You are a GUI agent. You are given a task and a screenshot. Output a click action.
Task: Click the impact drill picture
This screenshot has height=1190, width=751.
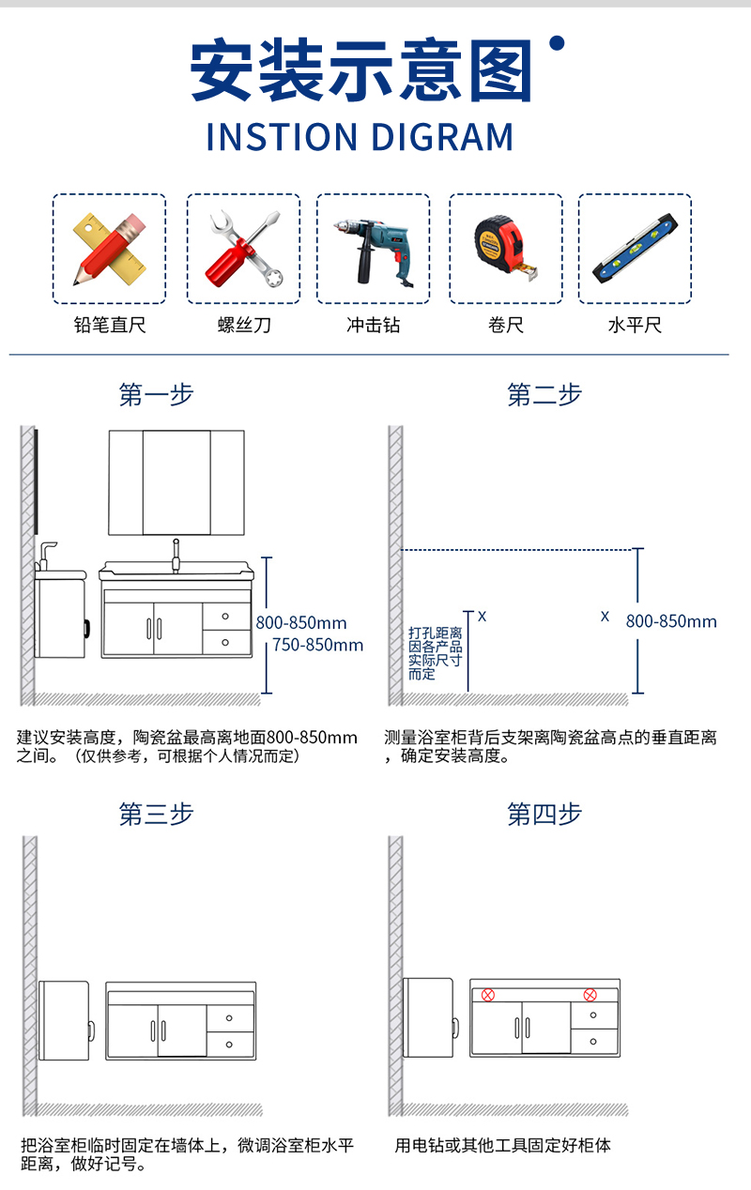373,252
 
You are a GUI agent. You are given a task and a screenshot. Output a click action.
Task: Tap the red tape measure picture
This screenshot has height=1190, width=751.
505,248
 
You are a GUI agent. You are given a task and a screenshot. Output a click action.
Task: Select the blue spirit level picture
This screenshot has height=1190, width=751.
636,248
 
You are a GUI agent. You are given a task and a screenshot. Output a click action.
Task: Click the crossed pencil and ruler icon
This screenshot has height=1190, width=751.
110,249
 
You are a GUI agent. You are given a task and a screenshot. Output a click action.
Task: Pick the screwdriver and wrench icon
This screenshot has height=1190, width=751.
244,249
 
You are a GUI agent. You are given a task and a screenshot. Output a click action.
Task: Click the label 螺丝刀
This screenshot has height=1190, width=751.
244,325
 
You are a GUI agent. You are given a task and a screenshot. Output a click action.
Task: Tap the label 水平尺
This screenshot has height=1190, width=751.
636,325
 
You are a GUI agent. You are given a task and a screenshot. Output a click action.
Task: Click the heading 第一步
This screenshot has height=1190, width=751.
156,395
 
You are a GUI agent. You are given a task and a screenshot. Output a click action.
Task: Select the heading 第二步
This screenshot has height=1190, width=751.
544,395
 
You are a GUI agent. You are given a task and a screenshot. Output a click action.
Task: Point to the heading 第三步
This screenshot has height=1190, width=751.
156,814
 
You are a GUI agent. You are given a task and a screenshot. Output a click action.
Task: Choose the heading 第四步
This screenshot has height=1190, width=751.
544,814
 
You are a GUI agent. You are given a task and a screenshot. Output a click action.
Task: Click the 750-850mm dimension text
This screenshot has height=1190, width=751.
318,645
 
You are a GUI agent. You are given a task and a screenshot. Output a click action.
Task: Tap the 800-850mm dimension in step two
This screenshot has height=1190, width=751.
671,621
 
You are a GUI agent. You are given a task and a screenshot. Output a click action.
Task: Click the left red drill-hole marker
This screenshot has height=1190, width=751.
488,995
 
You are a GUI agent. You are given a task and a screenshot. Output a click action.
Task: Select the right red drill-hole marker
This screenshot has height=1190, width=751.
590,995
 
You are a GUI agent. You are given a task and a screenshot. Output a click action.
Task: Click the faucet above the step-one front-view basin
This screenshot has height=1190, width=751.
176,556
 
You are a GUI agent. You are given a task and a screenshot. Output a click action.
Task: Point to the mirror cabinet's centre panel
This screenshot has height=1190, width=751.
176,482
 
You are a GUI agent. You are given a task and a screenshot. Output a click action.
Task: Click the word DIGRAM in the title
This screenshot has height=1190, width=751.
442,137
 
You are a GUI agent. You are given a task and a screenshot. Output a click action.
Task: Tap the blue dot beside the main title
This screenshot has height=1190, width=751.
557,43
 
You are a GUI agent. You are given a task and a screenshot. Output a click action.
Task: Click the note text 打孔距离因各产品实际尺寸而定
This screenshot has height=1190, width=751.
436,653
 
